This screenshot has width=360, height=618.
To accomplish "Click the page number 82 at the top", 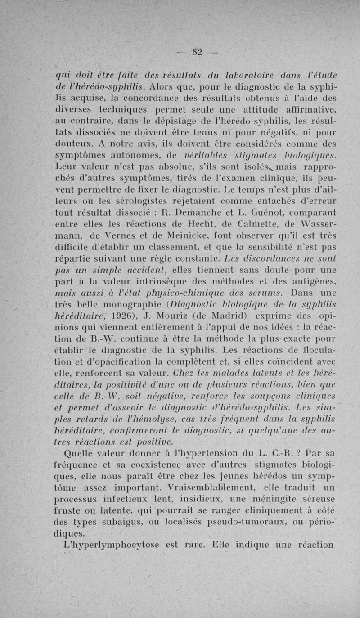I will point(196,52).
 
